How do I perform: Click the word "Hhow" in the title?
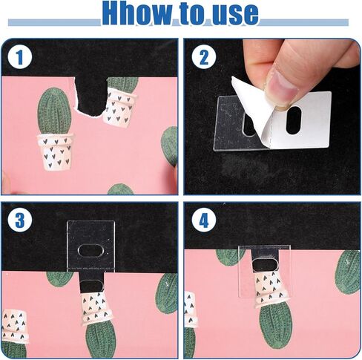click(x=137, y=13)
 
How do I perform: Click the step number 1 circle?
click(x=20, y=58)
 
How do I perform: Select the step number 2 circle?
click(x=204, y=58)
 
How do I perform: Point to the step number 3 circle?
click(x=20, y=220)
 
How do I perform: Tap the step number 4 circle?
click(x=204, y=220)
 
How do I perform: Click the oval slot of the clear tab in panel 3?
click(x=90, y=251)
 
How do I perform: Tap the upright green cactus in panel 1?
click(x=54, y=111)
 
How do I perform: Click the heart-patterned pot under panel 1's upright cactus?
click(x=55, y=152)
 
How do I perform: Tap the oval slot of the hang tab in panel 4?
click(x=266, y=264)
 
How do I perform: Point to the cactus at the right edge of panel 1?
click(x=170, y=146)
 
